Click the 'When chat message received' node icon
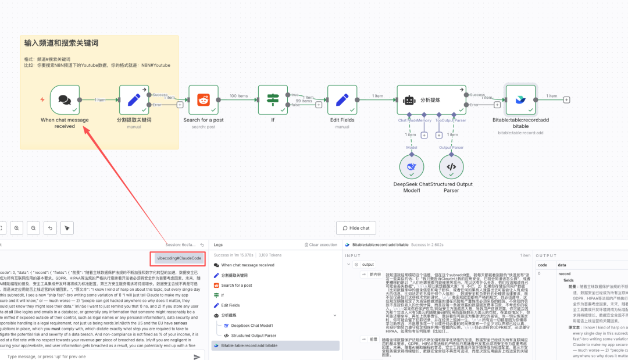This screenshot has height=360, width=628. click(65, 99)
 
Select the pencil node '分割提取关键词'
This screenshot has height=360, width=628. click(134, 99)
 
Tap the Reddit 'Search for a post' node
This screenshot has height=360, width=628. click(204, 99)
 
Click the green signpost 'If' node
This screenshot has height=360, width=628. click(273, 99)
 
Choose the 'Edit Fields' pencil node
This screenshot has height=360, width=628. click(342, 99)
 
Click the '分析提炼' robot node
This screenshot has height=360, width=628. click(431, 99)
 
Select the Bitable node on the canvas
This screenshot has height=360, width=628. click(521, 99)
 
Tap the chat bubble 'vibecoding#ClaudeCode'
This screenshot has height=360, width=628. click(179, 258)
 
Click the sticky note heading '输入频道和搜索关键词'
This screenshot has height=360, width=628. click(61, 43)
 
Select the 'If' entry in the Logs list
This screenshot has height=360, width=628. click(223, 295)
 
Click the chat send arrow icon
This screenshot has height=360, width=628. click(197, 357)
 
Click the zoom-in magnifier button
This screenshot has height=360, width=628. click(17, 228)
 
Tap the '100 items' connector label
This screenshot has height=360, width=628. click(238, 96)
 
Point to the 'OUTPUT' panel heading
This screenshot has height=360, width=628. click(546, 255)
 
